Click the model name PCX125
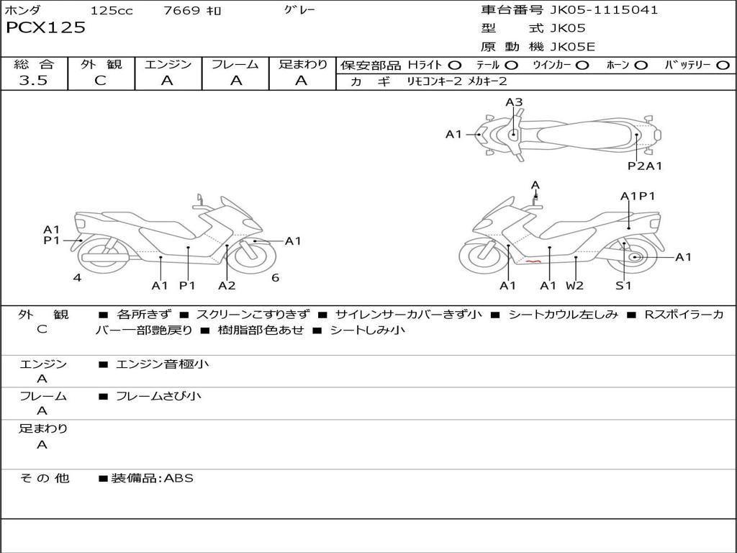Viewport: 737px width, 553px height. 45,28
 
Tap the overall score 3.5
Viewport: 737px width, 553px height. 33,81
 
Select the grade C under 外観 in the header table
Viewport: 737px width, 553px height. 100,81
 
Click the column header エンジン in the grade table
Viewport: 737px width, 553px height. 168,65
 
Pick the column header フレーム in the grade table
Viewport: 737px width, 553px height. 235,65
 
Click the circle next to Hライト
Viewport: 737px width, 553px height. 455,66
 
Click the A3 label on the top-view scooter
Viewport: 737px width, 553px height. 513,102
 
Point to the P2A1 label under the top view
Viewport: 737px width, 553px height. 645,166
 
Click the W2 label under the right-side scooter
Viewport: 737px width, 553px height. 574,285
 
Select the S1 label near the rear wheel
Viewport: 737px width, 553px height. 623,285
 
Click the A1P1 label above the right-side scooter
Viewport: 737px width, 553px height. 638,196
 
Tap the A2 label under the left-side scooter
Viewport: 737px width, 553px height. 227,285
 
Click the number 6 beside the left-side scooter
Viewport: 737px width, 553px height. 275,277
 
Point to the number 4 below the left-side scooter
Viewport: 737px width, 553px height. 76,277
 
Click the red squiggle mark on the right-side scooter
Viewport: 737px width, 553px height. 533,263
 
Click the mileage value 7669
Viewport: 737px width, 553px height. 182,11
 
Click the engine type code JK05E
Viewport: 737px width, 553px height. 573,48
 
